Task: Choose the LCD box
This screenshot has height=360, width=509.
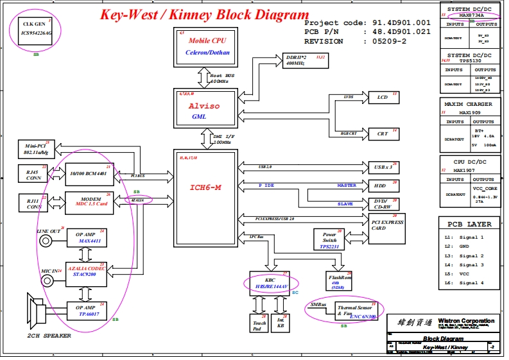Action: (383, 98)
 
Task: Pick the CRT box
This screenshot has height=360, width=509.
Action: (383, 133)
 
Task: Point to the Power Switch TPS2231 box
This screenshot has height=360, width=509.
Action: (330, 239)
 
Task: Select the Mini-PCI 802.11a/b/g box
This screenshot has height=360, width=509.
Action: (37, 150)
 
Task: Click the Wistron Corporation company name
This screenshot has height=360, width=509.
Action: (466, 321)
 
